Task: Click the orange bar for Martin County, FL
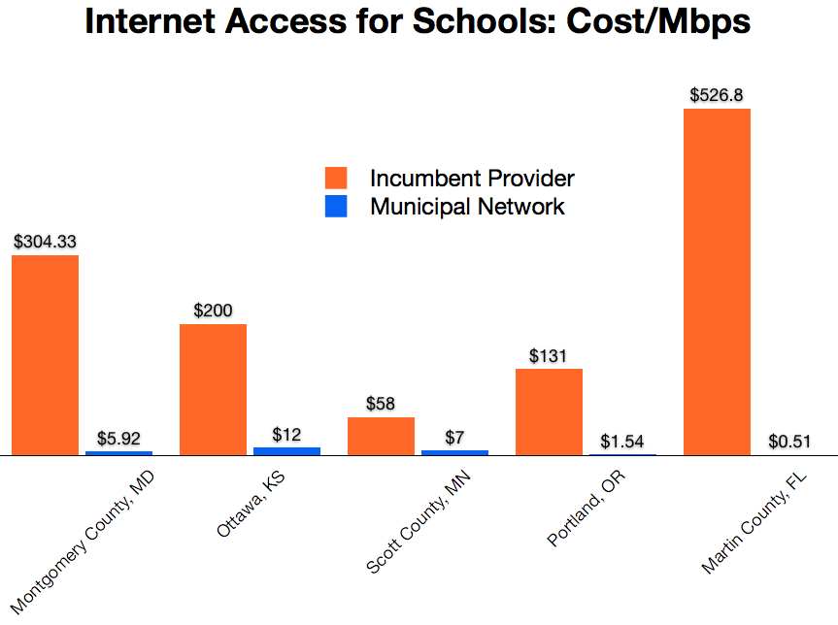click(717, 281)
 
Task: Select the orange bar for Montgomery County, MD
click(46, 355)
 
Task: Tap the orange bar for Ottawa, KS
click(214, 389)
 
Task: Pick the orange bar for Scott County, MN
click(381, 436)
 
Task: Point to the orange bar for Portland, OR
click(549, 411)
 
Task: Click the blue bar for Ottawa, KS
click(286, 451)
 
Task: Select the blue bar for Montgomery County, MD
click(118, 453)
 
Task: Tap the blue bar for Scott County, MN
click(454, 452)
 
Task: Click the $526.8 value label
click(717, 95)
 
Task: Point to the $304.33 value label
click(46, 242)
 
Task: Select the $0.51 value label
click(789, 440)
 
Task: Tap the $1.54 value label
click(621, 440)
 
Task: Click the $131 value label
click(549, 355)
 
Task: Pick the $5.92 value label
click(118, 439)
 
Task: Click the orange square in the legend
click(336, 178)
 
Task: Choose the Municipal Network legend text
click(467, 206)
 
